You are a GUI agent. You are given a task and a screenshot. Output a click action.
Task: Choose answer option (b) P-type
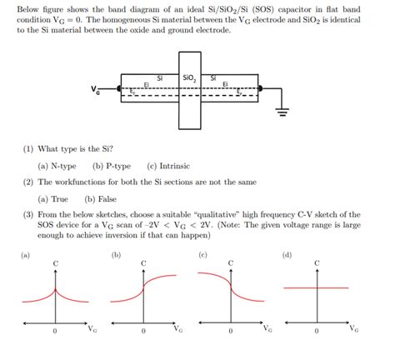(108, 166)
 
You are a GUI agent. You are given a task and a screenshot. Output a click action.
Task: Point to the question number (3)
(29, 215)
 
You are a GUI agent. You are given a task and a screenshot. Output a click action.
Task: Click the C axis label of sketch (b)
(143, 262)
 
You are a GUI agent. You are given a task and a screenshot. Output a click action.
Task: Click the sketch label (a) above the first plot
(25, 254)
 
